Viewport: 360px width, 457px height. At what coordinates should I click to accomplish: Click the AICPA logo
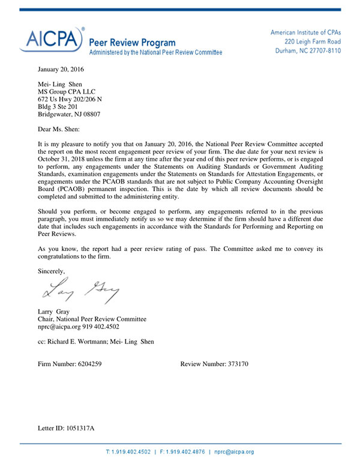click(51, 40)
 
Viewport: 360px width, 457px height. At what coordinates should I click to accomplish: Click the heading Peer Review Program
click(132, 43)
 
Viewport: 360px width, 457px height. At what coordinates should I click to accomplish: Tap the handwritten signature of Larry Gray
click(76, 291)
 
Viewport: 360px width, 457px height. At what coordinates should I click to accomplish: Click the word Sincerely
click(51, 271)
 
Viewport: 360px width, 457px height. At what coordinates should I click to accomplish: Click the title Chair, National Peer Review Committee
click(92, 319)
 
